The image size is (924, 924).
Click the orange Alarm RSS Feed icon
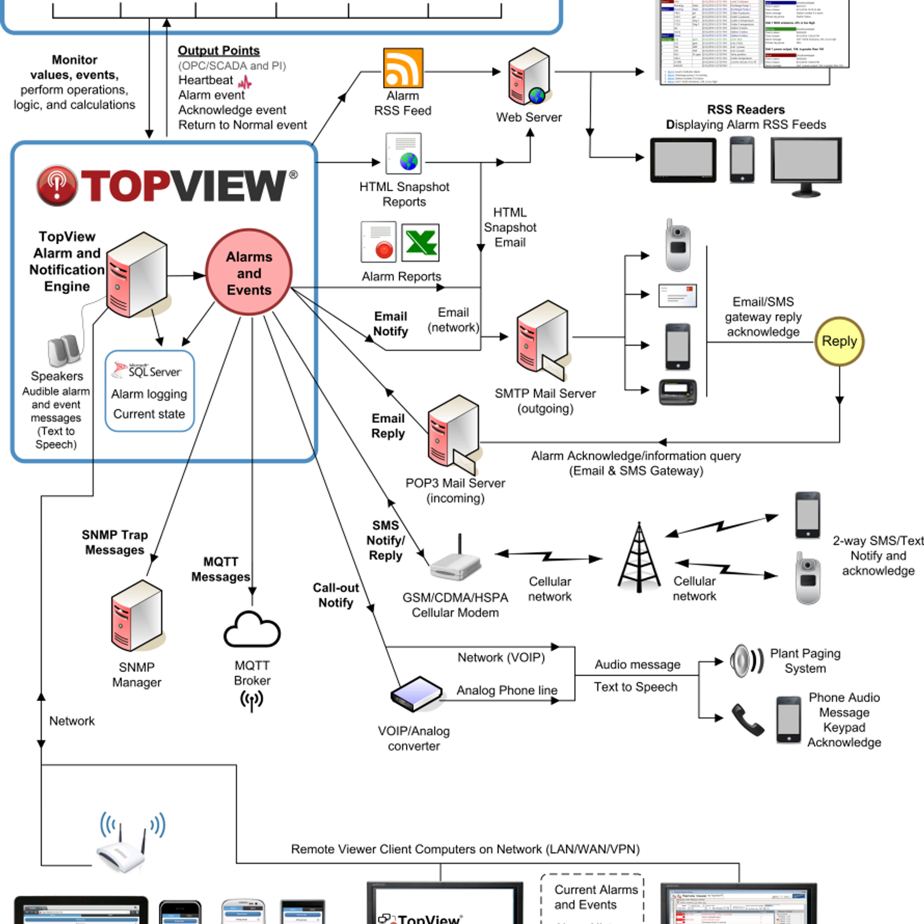click(403, 68)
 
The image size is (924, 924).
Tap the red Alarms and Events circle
click(249, 273)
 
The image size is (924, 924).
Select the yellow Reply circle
click(839, 341)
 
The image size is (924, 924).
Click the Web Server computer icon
click(528, 77)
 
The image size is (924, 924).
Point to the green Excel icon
click(420, 243)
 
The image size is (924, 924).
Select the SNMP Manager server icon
click(137, 616)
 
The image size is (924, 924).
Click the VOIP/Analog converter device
click(416, 694)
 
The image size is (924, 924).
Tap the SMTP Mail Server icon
click(542, 337)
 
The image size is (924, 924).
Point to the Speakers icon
click(64, 350)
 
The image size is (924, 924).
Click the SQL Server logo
click(147, 370)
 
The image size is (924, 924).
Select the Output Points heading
click(218, 50)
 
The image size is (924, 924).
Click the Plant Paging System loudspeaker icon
click(746, 661)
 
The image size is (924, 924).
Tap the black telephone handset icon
click(747, 720)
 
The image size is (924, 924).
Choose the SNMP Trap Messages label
click(114, 542)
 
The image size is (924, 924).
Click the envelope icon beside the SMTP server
click(677, 295)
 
